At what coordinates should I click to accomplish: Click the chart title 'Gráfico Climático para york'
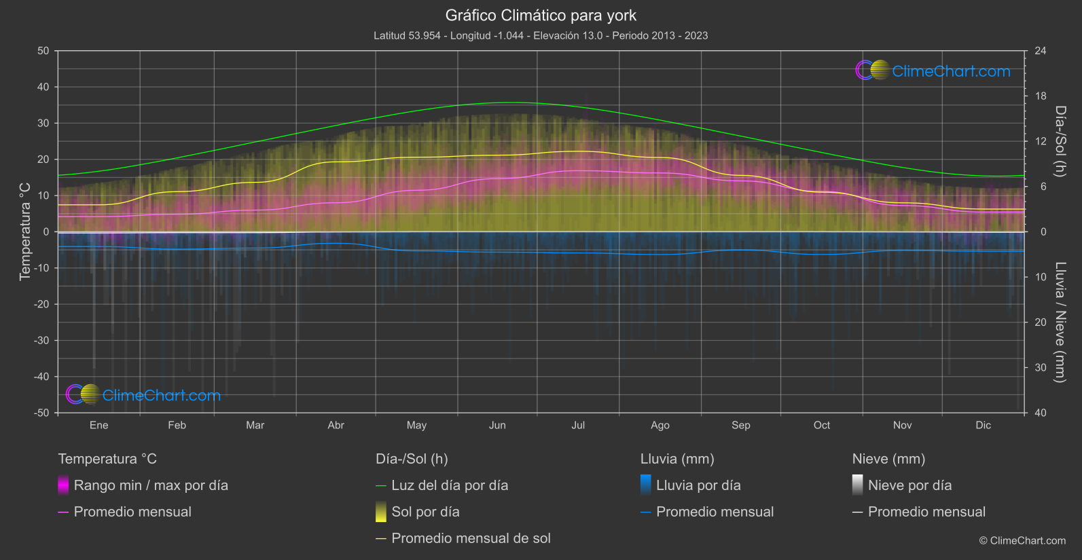click(541, 15)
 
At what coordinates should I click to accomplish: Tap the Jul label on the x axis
click(578, 425)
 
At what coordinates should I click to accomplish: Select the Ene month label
click(99, 425)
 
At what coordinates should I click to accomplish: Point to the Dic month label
click(983, 425)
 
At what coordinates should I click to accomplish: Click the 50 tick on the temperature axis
click(43, 51)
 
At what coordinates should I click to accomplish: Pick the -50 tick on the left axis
click(41, 413)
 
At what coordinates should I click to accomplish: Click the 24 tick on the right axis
click(1040, 51)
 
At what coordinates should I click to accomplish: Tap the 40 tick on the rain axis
click(1040, 413)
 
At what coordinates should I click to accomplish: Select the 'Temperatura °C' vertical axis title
click(25, 231)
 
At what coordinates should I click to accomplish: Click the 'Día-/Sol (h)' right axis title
click(1060, 141)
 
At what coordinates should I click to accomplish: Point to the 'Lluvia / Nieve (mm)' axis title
click(1060, 322)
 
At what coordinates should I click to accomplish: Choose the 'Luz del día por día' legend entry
click(450, 485)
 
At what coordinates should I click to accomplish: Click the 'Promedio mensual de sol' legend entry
click(471, 538)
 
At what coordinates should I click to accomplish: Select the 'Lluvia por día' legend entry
click(698, 485)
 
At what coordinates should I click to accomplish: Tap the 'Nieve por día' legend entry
click(909, 485)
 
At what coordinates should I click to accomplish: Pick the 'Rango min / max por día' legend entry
click(151, 485)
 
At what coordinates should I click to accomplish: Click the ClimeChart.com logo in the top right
click(933, 71)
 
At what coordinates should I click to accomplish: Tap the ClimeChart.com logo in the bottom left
click(143, 395)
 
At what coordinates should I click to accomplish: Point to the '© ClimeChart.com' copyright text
click(1022, 540)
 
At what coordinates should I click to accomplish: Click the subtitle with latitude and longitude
click(541, 35)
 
